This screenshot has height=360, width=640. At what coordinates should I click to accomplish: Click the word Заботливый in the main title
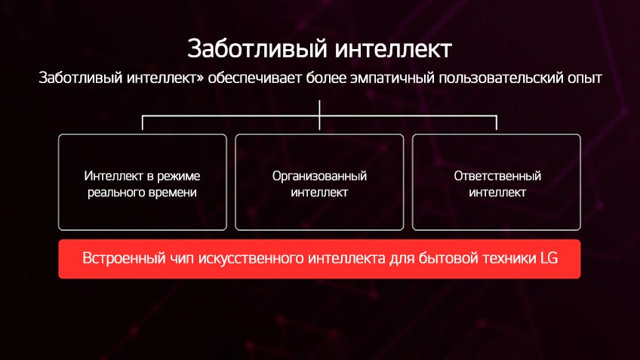(x=257, y=48)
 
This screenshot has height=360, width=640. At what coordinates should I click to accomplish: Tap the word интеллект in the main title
(x=393, y=49)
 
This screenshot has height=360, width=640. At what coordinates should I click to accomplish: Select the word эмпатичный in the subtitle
(x=392, y=78)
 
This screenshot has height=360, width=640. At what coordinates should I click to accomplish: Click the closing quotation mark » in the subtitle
(x=200, y=78)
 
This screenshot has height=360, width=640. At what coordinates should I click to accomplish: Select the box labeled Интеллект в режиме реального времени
(x=143, y=182)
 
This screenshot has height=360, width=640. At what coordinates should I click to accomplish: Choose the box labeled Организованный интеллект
(x=319, y=182)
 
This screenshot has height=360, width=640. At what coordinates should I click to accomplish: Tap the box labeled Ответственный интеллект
(x=497, y=182)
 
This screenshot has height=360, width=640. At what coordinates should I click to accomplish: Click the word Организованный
(x=319, y=177)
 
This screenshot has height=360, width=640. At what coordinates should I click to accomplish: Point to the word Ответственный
(x=497, y=176)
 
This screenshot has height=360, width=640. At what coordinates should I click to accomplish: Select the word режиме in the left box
(x=179, y=177)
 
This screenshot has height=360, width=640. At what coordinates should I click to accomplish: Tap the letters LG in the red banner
(x=549, y=258)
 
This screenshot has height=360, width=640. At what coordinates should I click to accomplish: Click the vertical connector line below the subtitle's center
(x=319, y=115)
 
